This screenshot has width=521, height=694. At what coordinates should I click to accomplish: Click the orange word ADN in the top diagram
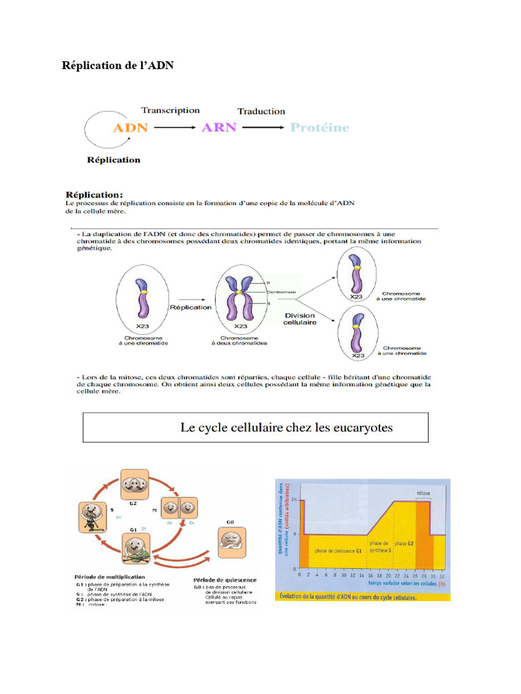click(130, 127)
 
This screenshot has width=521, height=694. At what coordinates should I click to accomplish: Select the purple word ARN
click(218, 127)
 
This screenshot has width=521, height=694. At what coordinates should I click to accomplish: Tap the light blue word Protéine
click(319, 127)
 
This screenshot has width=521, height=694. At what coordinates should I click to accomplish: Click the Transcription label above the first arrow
click(170, 110)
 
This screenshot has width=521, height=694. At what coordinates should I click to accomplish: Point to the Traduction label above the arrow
click(261, 111)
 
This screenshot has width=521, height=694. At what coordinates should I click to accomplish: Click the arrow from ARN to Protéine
click(263, 127)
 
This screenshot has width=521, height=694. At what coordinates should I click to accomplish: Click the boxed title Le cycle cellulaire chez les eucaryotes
click(286, 428)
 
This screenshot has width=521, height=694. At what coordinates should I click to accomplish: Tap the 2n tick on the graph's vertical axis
click(294, 500)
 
